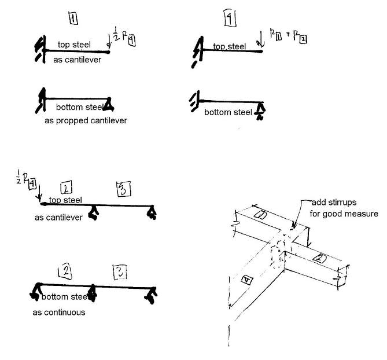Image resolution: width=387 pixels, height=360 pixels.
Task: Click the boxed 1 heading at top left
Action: [73, 18]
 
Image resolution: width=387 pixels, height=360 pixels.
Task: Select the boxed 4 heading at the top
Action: [230, 20]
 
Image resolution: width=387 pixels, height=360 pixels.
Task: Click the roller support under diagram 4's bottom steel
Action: [261, 111]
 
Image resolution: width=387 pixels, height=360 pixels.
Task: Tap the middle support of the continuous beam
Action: [92, 295]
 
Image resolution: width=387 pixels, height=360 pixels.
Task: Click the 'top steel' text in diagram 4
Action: [230, 47]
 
